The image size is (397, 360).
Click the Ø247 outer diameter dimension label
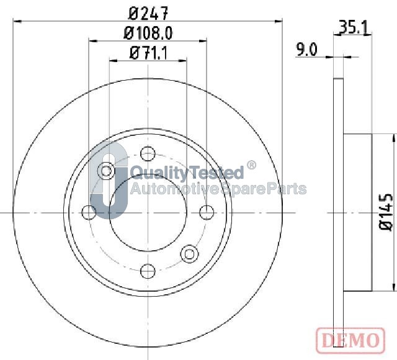point(148,13)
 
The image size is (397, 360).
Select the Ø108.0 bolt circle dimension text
point(148,33)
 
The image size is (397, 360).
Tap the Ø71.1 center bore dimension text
point(148,53)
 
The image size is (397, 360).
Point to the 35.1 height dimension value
point(354,27)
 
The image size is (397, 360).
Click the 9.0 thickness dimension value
point(306,50)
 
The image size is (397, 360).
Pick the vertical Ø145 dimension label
point(386,212)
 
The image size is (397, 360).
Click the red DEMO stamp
point(350,340)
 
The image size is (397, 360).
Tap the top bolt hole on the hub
point(148,153)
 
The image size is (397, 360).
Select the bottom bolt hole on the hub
point(148,271)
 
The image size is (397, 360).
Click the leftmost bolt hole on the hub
point(89,212)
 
